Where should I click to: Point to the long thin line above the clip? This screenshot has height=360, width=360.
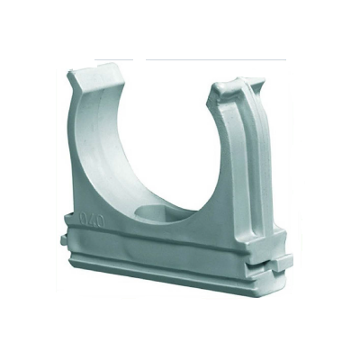tap(216, 59)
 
